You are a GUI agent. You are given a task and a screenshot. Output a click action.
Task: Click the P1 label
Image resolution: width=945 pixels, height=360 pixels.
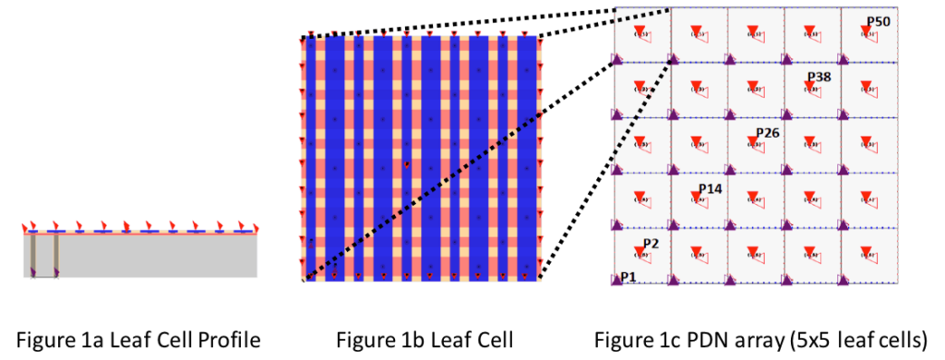click(628, 277)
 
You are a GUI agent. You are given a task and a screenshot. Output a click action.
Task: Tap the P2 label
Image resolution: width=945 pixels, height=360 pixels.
click(651, 244)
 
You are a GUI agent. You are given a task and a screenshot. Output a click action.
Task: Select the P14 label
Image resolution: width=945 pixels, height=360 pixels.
click(710, 188)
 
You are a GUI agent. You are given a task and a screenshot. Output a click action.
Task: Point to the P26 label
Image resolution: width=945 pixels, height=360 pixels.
click(768, 133)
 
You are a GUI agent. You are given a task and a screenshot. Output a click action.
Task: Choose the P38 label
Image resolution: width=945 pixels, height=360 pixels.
click(819, 77)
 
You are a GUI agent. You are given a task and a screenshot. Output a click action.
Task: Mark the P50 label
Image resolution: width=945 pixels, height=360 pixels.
click(878, 21)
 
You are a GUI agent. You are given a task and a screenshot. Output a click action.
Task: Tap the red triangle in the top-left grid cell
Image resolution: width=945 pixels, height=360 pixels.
click(639, 30)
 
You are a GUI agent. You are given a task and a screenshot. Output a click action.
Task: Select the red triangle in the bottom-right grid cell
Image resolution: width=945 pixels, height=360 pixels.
click(867, 252)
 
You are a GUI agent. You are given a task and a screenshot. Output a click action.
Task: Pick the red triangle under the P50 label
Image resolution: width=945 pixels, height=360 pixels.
click(867, 30)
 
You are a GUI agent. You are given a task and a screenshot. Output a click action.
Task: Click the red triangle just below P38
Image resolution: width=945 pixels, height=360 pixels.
click(809, 87)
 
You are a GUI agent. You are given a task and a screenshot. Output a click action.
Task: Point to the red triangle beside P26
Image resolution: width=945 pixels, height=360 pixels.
click(753, 142)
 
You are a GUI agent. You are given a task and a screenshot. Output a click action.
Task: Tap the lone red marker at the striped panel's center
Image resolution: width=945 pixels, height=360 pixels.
click(406, 164)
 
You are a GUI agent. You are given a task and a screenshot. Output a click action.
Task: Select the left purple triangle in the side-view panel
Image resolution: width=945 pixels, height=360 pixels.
click(33, 271)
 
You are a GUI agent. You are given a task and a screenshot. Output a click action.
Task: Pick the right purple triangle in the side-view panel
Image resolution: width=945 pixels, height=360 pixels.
click(57, 271)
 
